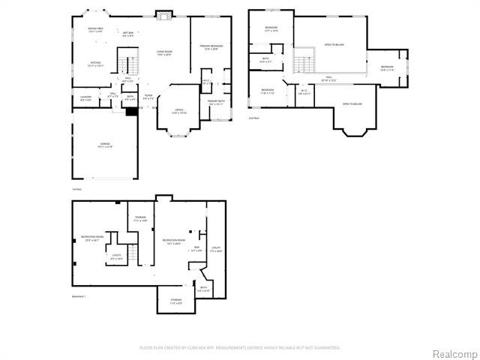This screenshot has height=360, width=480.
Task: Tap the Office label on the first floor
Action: click(x=179, y=112)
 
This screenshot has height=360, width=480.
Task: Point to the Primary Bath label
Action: click(x=216, y=102)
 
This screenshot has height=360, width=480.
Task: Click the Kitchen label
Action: click(x=95, y=64)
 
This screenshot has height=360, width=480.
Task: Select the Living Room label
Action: click(x=164, y=52)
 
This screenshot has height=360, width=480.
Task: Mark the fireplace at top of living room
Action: click(x=164, y=15)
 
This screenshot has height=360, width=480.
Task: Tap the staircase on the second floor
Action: click(x=302, y=64)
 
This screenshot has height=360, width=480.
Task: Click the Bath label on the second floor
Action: click(x=266, y=59)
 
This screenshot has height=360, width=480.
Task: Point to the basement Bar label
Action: click(x=197, y=248)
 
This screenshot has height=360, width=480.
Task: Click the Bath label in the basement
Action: click(x=203, y=288)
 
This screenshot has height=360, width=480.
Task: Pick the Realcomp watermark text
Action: click(x=453, y=353)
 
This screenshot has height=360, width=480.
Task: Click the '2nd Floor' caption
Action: click(x=253, y=118)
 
